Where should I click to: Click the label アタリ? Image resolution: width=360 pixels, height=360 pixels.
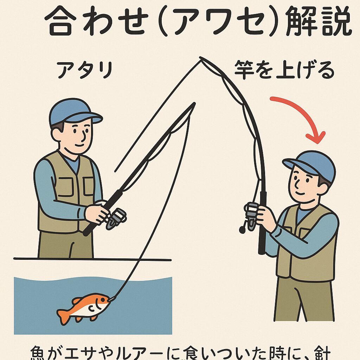point(84,71)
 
